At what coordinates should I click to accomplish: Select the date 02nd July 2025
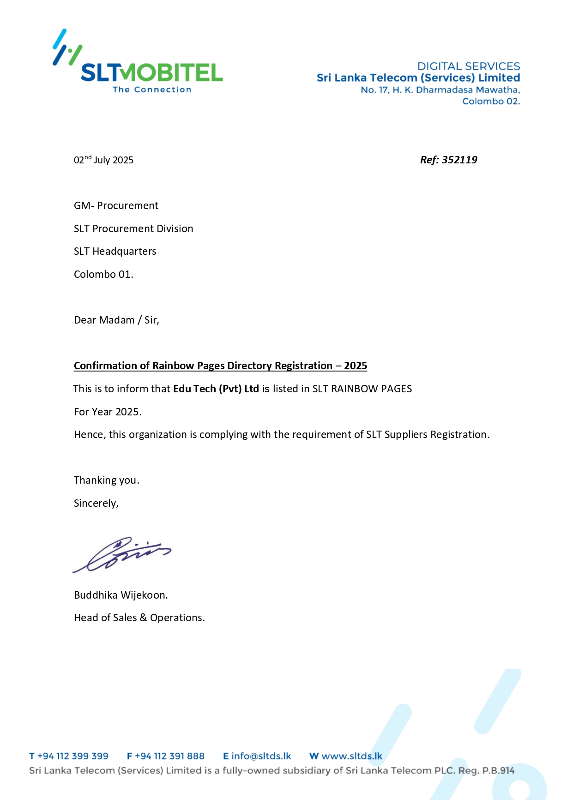tap(103, 160)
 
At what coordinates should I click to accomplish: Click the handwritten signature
tap(122, 554)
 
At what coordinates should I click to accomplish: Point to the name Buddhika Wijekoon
tap(121, 595)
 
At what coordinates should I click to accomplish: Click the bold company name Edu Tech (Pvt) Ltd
tap(216, 389)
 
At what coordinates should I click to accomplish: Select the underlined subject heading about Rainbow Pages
tap(220, 366)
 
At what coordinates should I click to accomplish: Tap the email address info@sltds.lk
tap(261, 756)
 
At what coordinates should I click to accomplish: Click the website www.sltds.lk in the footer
tap(351, 756)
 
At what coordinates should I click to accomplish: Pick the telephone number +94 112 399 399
tap(72, 756)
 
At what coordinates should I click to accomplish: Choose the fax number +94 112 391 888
tap(169, 756)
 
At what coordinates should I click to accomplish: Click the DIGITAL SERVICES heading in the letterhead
tap(468, 66)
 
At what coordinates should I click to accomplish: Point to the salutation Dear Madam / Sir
tap(116, 320)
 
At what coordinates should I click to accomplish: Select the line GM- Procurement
tap(116, 205)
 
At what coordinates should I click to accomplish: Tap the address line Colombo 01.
tap(103, 274)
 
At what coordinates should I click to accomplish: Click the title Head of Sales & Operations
tap(139, 618)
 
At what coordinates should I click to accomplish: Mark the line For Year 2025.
tap(108, 412)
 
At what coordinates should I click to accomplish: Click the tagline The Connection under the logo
tap(152, 90)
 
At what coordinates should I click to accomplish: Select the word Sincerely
tap(96, 503)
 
